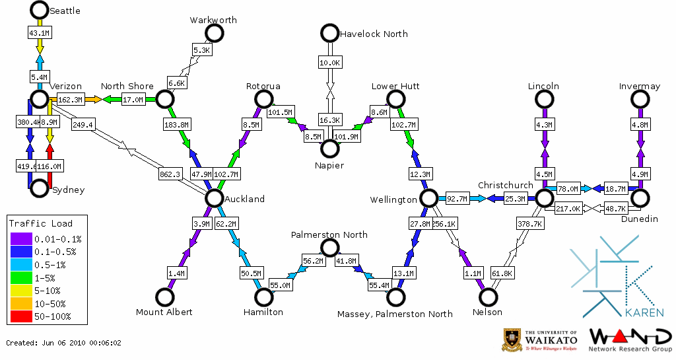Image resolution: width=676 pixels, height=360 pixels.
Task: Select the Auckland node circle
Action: pyautogui.click(x=214, y=198)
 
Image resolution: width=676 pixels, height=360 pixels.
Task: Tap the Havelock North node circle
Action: pyautogui.click(x=329, y=32)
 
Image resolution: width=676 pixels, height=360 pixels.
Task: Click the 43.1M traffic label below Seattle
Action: pyautogui.click(x=39, y=32)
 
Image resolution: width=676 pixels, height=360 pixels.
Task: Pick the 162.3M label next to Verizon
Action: pyautogui.click(x=70, y=100)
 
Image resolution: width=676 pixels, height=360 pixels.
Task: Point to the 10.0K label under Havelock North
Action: pyautogui.click(x=329, y=63)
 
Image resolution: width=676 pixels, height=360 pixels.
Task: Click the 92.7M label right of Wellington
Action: pyautogui.click(x=457, y=198)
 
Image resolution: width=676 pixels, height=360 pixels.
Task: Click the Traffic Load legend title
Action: pyautogui.click(x=41, y=223)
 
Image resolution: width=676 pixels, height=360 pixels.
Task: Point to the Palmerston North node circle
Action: pyautogui.click(x=329, y=248)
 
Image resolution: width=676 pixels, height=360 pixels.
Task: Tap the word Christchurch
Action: pyautogui.click(x=505, y=185)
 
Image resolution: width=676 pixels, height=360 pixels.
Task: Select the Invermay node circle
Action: pyautogui.click(x=640, y=99)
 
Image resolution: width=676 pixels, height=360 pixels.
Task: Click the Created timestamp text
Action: pyautogui.click(x=64, y=343)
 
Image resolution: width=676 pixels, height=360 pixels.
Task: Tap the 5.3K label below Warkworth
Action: pyautogui.click(x=201, y=50)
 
